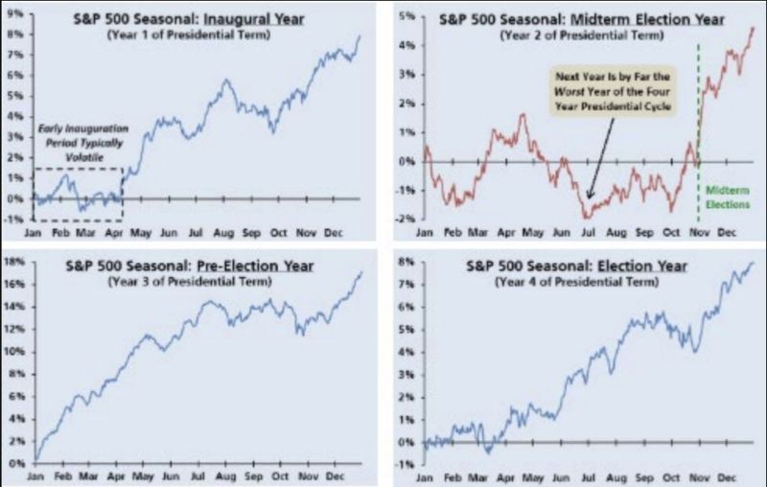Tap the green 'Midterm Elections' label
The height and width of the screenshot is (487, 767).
point(725,197)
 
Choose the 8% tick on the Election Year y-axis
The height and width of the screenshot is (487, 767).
point(407,262)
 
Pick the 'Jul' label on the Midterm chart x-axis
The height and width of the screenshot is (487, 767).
point(583,232)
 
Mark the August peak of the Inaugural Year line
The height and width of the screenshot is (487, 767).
point(225,81)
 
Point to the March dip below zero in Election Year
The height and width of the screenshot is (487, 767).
point(489,452)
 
